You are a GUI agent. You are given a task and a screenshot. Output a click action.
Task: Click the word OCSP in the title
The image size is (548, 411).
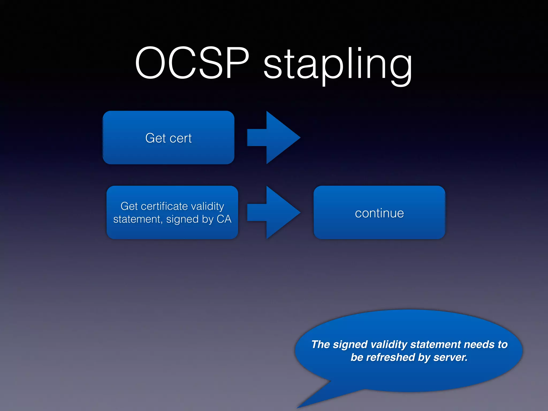[192, 63]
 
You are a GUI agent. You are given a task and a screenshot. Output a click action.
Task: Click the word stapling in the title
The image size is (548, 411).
[338, 64]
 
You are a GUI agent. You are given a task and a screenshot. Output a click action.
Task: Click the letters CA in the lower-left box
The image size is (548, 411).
[224, 219]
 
